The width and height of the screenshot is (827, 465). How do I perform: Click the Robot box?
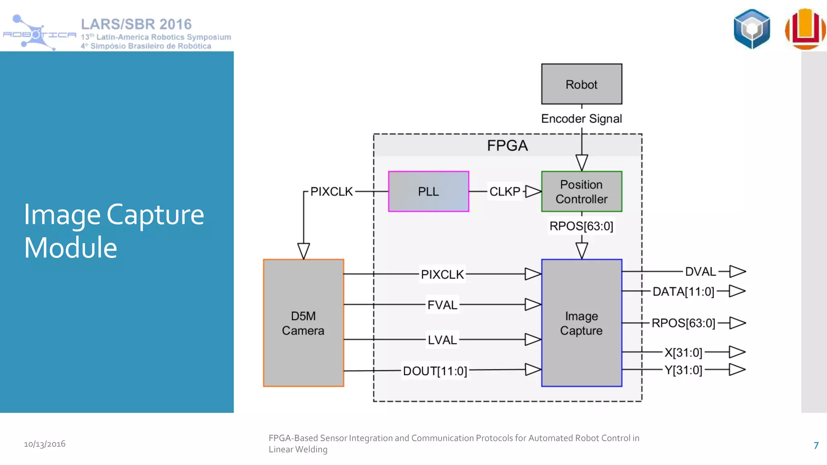581,84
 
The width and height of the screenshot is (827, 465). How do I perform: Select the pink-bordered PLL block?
428,191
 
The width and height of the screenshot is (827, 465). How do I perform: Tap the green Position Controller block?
581,191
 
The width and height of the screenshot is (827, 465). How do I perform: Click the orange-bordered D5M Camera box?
303,323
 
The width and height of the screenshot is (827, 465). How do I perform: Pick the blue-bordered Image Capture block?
581,323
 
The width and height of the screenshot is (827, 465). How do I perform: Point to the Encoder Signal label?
581,119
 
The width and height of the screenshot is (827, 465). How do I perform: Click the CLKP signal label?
505,191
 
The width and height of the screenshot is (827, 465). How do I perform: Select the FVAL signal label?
443,305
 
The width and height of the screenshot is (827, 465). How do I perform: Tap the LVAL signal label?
443,340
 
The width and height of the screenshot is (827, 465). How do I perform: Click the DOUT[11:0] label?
435,371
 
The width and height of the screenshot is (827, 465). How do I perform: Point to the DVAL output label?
701,272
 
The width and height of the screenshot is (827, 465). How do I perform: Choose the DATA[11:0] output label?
683,291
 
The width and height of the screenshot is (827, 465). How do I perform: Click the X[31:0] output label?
683,352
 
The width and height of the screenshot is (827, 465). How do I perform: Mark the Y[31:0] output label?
683,370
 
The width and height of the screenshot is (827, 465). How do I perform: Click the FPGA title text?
507,145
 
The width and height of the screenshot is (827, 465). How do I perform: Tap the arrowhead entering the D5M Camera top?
304,251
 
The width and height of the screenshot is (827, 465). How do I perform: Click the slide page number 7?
816,446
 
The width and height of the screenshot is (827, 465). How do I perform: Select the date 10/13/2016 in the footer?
44,444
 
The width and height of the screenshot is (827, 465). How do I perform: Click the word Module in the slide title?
71,247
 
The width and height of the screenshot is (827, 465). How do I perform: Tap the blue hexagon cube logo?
752,29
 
